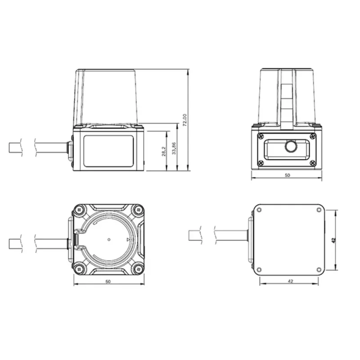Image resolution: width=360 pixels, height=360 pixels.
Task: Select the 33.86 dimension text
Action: pyautogui.click(x=174, y=148)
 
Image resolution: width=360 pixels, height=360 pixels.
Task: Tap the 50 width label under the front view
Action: pyautogui.click(x=287, y=175)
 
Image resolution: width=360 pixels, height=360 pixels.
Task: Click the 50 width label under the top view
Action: pyautogui.click(x=108, y=281)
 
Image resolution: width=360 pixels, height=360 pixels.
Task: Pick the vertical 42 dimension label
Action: pyautogui.click(x=333, y=240)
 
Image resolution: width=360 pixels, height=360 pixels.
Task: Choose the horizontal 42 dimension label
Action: pyautogui.click(x=290, y=281)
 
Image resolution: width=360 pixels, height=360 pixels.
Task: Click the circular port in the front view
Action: pyautogui.click(x=290, y=146)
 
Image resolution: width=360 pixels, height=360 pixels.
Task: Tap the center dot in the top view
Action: pyautogui.click(x=109, y=239)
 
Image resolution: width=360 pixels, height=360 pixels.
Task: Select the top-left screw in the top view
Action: pyautogui.click(x=80, y=209)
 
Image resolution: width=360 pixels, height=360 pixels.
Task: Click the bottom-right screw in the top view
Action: pyautogui.click(x=137, y=269)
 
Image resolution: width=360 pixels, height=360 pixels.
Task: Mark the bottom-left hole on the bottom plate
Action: pyautogui.click(x=259, y=270)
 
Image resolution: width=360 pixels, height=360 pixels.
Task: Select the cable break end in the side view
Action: pyautogui.click(x=15, y=148)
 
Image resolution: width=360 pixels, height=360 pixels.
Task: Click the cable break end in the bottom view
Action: pyautogui.click(x=194, y=235)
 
